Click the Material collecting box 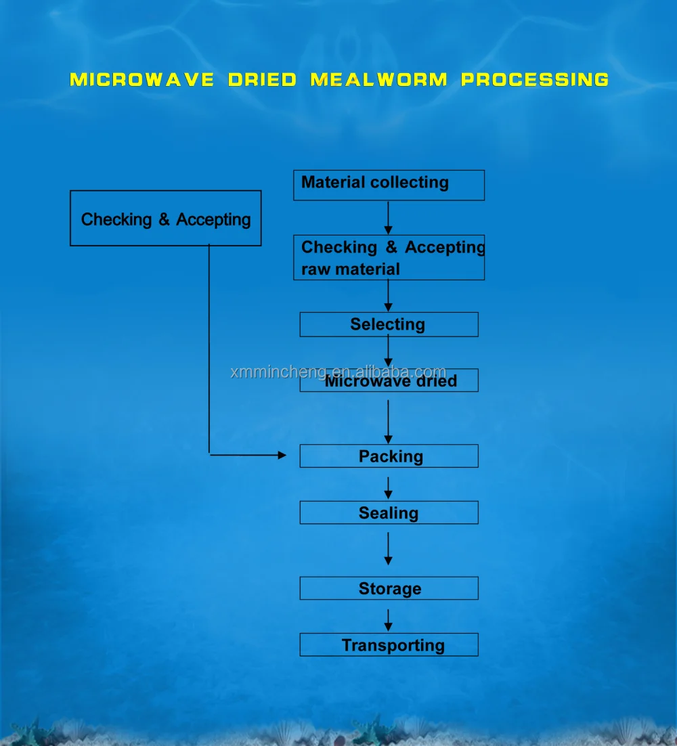point(389,185)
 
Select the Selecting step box point(389,324)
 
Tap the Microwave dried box point(389,381)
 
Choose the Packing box point(389,456)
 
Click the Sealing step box point(389,512)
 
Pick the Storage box point(389,588)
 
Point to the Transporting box point(389,644)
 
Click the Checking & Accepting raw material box point(389,257)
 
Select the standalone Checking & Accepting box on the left point(165,218)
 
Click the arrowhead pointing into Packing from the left point(282,456)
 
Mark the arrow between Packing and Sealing point(388,487)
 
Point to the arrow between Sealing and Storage point(388,548)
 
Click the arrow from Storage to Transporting point(388,619)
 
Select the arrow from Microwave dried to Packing point(388,421)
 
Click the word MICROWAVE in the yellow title point(141,80)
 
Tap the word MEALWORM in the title point(379,80)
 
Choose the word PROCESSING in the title point(535,80)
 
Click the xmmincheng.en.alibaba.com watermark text point(338,372)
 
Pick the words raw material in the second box point(350,269)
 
